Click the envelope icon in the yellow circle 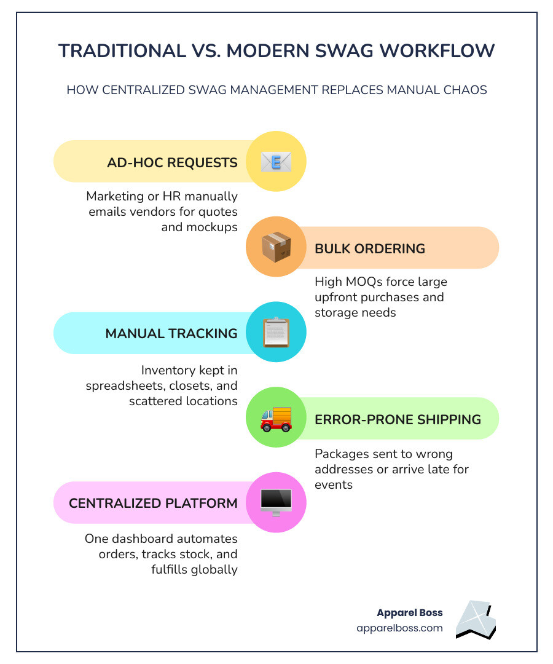[276, 161]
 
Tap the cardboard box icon [276, 247]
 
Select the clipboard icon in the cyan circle [276, 332]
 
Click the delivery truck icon [276, 419]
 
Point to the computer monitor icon [276, 503]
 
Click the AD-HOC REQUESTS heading [172, 162]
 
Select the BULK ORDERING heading [370, 248]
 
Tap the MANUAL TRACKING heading [171, 334]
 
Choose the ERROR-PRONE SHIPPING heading [398, 420]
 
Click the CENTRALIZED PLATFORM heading [153, 503]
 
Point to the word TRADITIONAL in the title [122, 51]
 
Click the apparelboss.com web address [399, 628]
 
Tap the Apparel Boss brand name [410, 613]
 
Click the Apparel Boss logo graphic [476, 620]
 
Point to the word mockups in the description [199, 227]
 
